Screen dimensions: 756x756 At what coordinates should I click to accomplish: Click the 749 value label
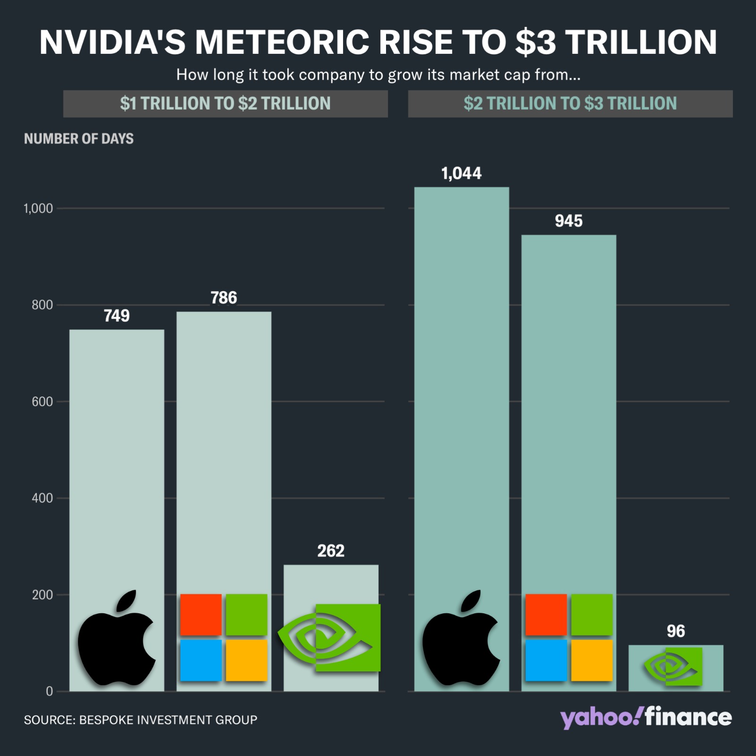point(117,316)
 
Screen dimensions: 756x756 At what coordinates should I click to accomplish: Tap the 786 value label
point(223,298)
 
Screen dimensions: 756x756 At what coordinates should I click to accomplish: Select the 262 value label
point(331,551)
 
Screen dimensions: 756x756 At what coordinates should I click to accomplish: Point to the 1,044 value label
point(461,173)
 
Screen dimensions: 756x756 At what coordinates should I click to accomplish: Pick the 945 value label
point(568,221)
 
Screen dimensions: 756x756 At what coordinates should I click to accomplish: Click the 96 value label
point(676,631)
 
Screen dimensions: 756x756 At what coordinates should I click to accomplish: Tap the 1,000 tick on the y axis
point(38,208)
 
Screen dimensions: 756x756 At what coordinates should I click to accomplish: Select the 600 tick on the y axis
point(42,402)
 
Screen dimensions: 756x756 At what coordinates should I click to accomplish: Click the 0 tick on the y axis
point(49,691)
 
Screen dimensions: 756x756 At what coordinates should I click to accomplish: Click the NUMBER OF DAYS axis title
point(79,138)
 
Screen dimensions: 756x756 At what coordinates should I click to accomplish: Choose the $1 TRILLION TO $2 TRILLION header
point(225,103)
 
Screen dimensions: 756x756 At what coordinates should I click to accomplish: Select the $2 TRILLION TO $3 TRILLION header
point(570,103)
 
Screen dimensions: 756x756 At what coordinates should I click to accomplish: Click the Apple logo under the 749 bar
point(116,638)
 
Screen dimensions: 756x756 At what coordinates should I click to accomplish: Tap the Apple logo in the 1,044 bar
point(461,638)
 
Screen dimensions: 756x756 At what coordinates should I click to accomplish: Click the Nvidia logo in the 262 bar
point(331,638)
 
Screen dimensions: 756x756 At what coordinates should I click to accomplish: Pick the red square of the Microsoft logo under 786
point(201,615)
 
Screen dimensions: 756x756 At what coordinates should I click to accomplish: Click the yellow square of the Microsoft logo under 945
point(592,661)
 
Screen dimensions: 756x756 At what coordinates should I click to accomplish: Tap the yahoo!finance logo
point(646,718)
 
